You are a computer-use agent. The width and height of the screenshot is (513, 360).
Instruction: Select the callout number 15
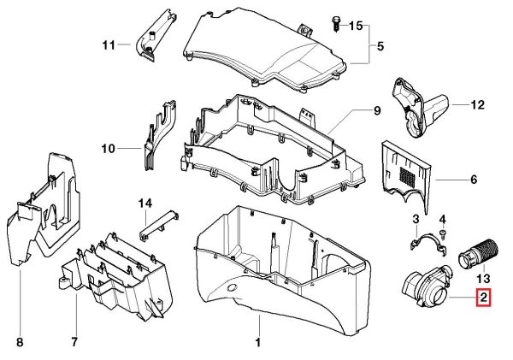[356, 26]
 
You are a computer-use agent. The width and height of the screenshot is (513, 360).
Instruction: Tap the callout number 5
[380, 45]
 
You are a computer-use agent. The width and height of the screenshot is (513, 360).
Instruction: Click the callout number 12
[477, 105]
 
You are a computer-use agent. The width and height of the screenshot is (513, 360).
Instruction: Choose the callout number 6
[474, 180]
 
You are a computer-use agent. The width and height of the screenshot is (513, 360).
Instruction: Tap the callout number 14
[145, 203]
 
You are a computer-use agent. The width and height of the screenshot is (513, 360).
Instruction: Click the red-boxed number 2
[483, 298]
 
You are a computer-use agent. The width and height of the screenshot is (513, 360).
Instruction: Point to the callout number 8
[19, 343]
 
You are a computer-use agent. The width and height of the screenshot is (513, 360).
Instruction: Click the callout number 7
[74, 343]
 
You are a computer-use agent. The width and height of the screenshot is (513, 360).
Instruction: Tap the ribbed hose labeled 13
[473, 253]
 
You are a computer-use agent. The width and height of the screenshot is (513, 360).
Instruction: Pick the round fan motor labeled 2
[426, 288]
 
